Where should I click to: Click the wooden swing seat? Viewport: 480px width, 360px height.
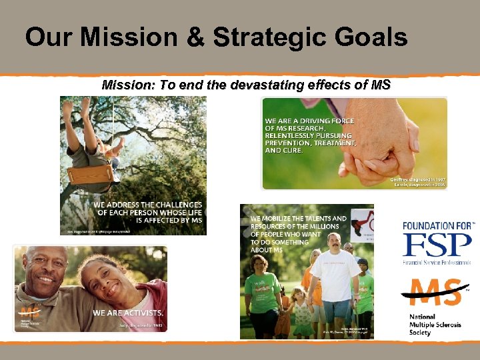tap(90, 179)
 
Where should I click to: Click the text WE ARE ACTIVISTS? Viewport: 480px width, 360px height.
tap(127, 313)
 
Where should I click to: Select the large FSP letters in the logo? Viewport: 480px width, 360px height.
tap(436, 245)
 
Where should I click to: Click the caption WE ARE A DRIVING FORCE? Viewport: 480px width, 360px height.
tap(310, 136)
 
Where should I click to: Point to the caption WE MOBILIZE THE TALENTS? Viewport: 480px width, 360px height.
tap(297, 233)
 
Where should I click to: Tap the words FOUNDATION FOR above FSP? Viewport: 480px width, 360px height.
tap(437, 225)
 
